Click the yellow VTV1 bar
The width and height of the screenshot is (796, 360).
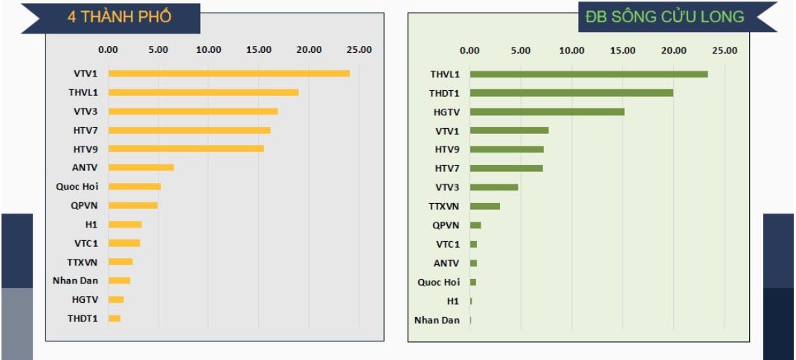(228, 74)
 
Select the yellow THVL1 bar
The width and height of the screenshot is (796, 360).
(203, 92)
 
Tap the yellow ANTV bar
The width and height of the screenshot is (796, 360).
(141, 167)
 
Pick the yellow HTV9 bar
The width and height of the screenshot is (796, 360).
(186, 149)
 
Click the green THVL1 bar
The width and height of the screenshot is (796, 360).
(588, 74)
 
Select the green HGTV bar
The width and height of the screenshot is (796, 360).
(547, 112)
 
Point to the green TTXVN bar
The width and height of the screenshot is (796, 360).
(484, 206)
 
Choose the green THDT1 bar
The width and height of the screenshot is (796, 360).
(571, 93)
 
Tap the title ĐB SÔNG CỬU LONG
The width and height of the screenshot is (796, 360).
(664, 16)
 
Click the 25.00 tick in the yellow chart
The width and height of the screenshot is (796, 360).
(359, 50)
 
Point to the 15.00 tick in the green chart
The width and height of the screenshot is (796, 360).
(623, 51)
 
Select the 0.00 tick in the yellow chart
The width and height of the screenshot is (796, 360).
(108, 50)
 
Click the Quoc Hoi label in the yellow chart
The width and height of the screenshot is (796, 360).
(77, 187)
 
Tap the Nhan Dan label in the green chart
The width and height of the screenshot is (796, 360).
(437, 320)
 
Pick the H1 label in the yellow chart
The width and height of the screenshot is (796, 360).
(91, 224)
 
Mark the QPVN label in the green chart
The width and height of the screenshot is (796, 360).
(446, 225)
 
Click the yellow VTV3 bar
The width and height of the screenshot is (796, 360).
(193, 112)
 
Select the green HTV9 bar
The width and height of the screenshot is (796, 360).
(507, 150)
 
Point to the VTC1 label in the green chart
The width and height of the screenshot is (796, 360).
(447, 244)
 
